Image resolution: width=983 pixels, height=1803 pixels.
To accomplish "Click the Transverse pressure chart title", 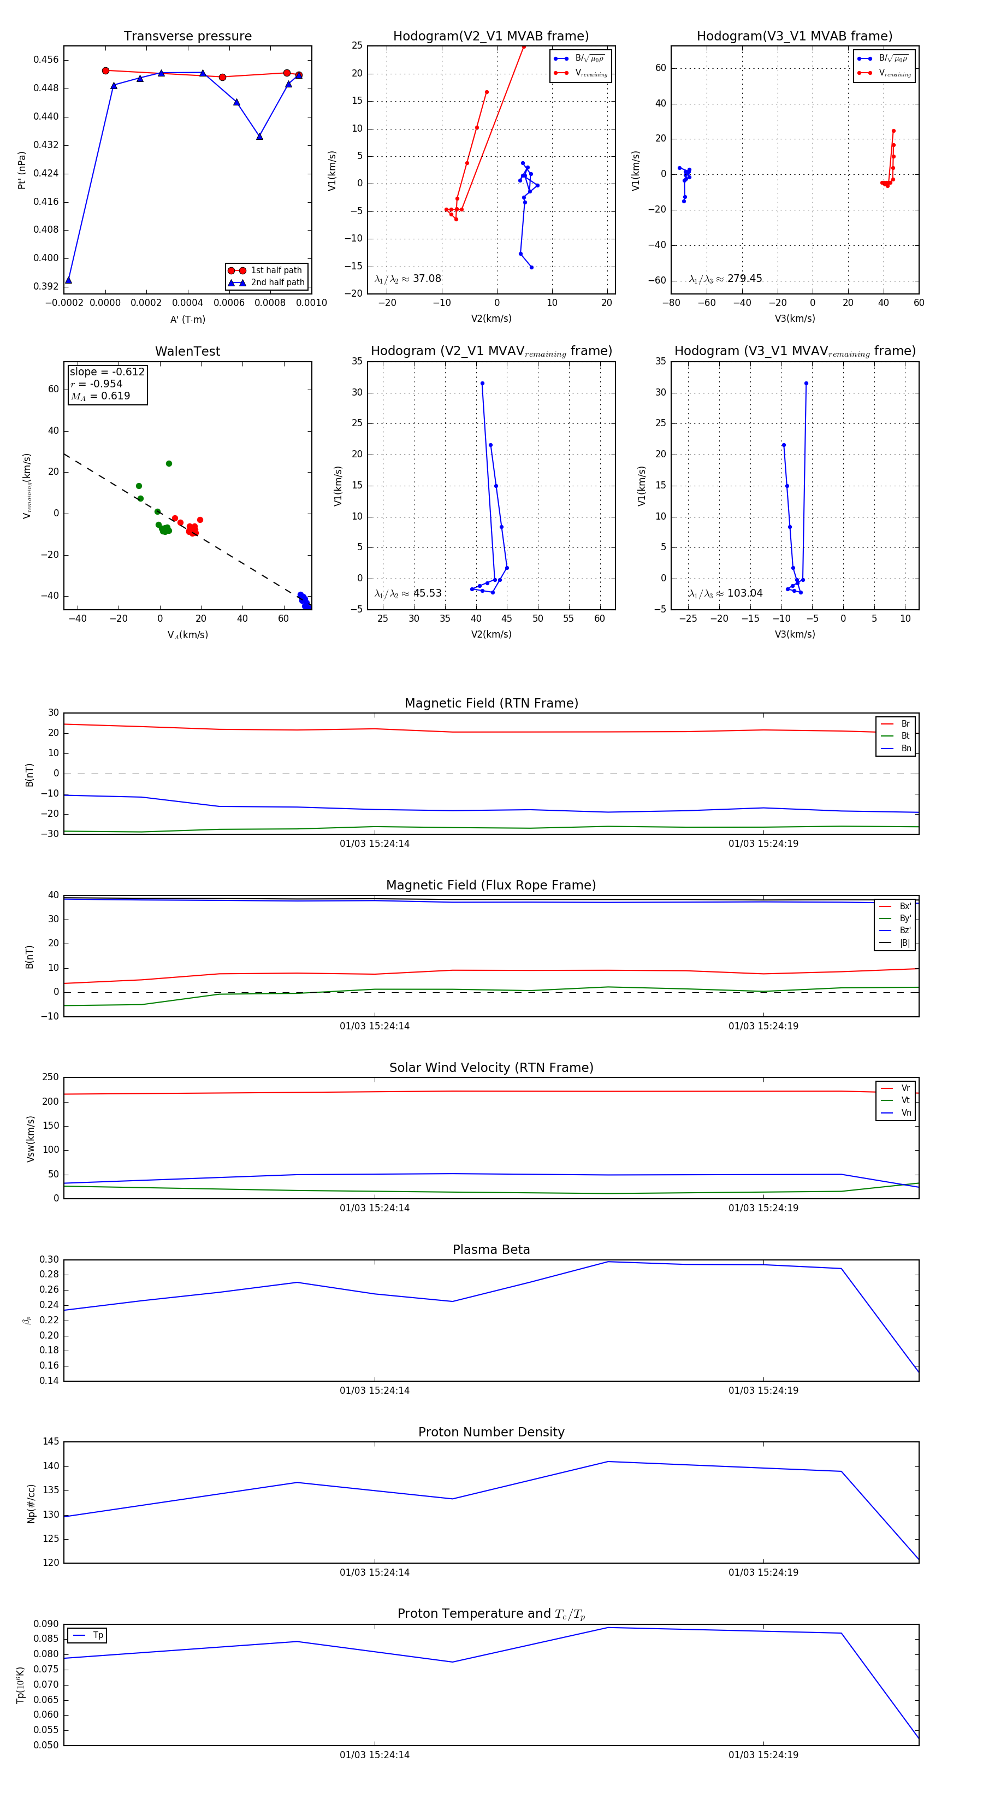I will [187, 37].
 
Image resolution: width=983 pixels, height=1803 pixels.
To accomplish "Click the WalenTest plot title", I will [187, 351].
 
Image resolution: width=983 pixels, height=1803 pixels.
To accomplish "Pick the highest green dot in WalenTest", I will [169, 463].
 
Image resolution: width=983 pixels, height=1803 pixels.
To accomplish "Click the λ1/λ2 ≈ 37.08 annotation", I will [408, 279].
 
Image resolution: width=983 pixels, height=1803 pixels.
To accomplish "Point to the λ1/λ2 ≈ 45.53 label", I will [408, 593].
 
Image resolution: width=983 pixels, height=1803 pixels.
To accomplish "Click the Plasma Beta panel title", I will [491, 1250].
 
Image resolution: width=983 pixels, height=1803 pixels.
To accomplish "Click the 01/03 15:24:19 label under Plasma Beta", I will [763, 1390].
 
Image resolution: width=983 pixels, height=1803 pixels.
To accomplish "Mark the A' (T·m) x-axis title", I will [187, 320].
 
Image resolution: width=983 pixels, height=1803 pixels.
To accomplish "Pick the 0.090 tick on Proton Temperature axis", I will [46, 1624].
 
